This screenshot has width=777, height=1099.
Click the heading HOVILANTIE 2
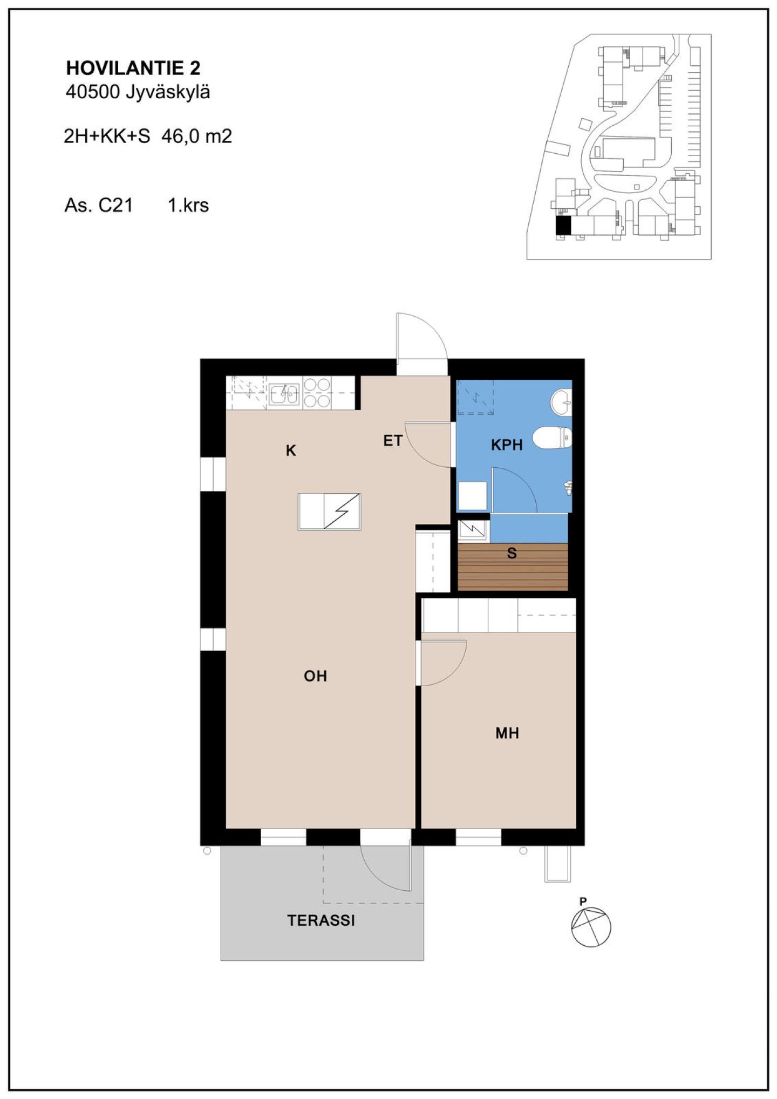[x=133, y=68]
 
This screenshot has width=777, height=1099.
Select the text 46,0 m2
[x=196, y=136]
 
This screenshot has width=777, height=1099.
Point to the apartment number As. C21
[x=99, y=205]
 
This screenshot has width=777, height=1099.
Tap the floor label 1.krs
[x=188, y=205]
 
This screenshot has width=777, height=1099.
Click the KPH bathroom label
[x=507, y=445]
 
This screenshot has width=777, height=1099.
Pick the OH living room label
[x=316, y=676]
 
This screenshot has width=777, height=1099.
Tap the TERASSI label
[x=321, y=920]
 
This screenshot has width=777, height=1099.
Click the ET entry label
[x=393, y=441]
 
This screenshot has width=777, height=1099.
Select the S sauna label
[x=512, y=553]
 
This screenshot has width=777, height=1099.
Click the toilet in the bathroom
[x=552, y=438]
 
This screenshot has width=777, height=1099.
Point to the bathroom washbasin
[x=561, y=402]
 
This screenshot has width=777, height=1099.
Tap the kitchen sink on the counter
[x=284, y=394]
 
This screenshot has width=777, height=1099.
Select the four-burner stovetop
[x=317, y=393]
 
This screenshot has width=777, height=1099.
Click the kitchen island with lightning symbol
[x=329, y=511]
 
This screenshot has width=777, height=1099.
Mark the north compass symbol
[x=591, y=927]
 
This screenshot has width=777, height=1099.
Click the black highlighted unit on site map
[x=563, y=225]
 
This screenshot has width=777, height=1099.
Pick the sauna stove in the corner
[x=473, y=531]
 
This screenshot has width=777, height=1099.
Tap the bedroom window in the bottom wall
[x=479, y=837]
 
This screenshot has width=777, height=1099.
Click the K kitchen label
[x=291, y=450]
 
